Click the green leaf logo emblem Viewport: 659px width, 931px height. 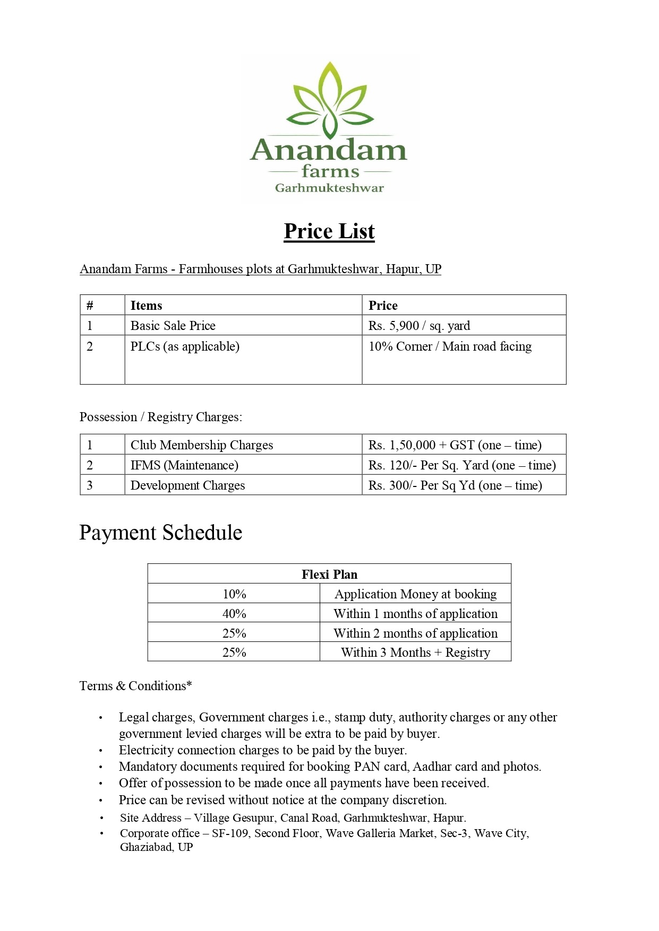(x=329, y=101)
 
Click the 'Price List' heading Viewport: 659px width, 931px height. (x=329, y=231)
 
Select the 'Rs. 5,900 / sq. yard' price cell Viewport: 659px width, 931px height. (x=419, y=326)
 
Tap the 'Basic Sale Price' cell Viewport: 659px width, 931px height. (x=173, y=326)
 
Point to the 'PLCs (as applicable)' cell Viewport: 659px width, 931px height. (x=185, y=346)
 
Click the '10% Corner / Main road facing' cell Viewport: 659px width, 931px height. (x=450, y=346)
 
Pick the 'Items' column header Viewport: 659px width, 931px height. (x=146, y=306)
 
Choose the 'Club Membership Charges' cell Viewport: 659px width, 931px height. (x=202, y=445)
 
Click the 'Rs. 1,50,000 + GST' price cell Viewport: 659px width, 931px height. (x=455, y=445)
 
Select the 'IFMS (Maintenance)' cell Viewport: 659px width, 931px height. (x=184, y=465)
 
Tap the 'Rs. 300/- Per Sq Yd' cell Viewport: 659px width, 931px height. (x=455, y=485)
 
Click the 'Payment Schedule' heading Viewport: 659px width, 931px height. (x=161, y=533)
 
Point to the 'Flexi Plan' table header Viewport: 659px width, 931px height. (x=329, y=575)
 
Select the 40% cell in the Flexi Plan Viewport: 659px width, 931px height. (x=234, y=614)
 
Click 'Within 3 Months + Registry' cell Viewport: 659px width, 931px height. (x=415, y=652)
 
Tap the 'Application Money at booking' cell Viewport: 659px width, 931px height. (x=415, y=594)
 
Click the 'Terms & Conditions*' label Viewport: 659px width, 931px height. (x=135, y=686)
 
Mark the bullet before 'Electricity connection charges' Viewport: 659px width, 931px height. (x=100, y=751)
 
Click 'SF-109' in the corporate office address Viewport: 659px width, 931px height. (x=230, y=833)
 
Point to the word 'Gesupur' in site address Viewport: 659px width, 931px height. (x=253, y=818)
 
